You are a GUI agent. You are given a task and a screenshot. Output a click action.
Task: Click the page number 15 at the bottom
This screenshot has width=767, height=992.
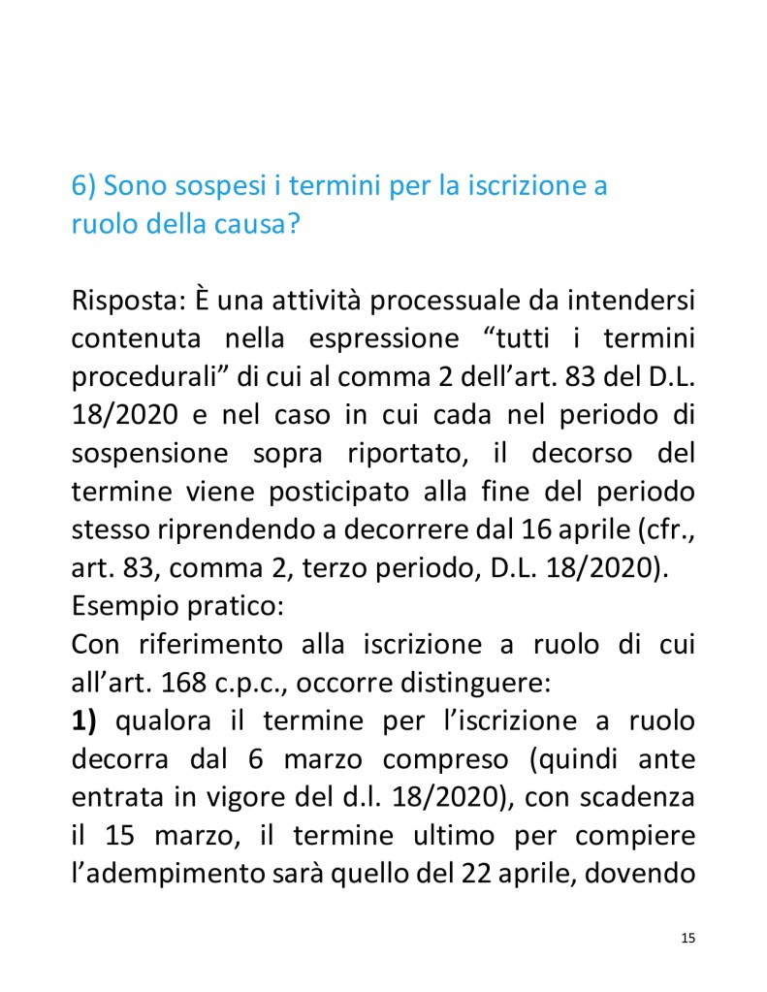(688, 938)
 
